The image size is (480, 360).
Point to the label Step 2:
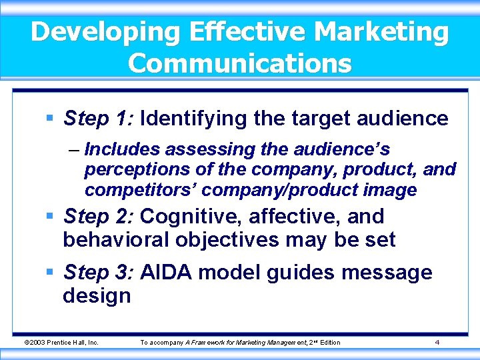[99, 217]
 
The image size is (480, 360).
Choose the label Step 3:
[99, 272]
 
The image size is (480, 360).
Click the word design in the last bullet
[97, 295]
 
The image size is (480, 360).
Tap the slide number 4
[437, 343]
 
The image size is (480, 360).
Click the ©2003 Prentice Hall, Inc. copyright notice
[61, 343]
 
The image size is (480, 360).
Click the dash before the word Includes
[73, 149]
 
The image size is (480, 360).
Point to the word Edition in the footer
[330, 343]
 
